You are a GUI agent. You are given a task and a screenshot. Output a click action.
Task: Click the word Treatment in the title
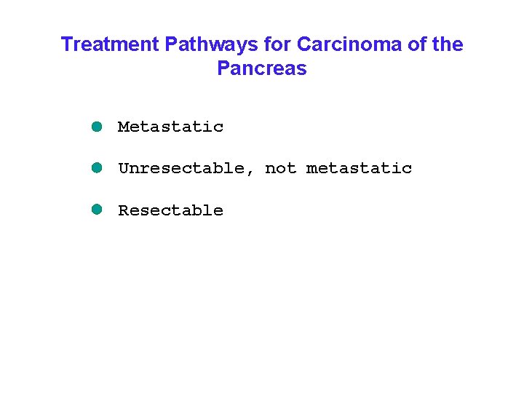pos(111,44)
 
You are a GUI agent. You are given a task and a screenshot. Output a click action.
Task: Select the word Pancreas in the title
pos(262,69)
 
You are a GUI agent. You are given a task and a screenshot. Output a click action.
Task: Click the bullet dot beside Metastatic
pos(96,126)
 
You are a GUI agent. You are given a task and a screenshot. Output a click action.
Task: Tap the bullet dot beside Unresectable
pos(96,167)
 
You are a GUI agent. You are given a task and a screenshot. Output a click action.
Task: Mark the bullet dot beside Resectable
pos(96,210)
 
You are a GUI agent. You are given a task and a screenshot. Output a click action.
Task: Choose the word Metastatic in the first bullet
pos(170,127)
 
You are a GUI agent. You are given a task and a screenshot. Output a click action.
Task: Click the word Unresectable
pos(181,168)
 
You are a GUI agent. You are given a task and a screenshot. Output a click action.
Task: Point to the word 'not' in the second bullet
pos(280,168)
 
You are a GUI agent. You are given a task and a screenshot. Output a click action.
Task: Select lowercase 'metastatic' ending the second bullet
pos(359,168)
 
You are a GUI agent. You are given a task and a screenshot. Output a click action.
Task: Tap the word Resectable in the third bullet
pos(170,210)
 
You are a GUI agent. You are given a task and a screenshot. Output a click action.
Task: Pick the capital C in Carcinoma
pos(303,44)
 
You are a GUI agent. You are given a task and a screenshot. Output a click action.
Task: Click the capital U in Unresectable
pos(123,168)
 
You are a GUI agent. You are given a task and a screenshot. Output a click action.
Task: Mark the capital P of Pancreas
pos(223,69)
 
